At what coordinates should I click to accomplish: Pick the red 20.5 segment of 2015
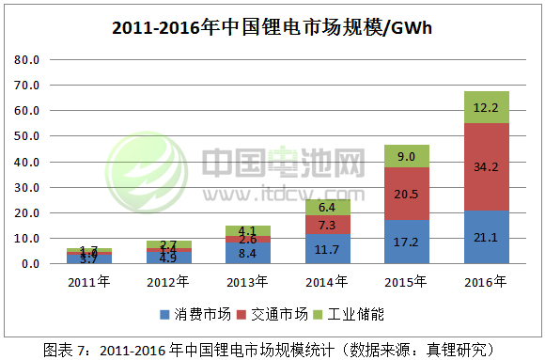[406, 194]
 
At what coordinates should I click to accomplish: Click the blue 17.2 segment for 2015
[406, 242]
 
